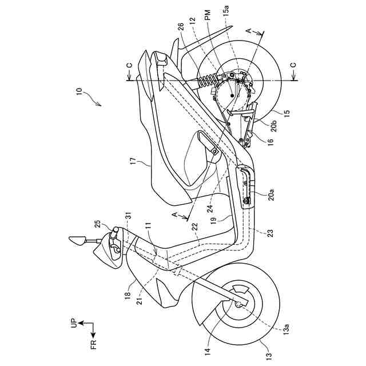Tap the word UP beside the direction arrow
[x=73, y=324]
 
